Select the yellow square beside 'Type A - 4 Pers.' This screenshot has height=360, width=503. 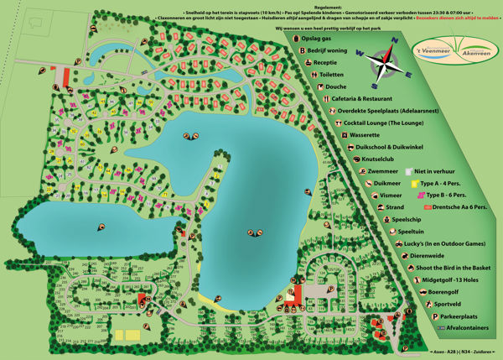[414, 182]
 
